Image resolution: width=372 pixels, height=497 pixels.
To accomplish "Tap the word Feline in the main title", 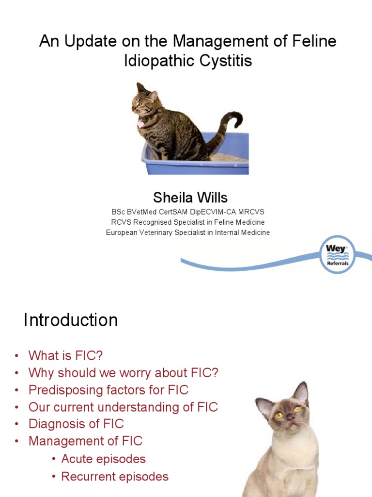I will pyautogui.click(x=312, y=41).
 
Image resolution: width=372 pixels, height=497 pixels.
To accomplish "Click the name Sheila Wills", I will pyautogui.click(x=190, y=198).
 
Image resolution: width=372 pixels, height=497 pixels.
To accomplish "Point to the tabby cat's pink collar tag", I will pyautogui.click(x=140, y=124).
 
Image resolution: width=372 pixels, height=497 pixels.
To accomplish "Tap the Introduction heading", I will pyautogui.click(x=71, y=320).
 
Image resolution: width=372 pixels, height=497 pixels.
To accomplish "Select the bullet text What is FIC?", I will pyautogui.click(x=65, y=355).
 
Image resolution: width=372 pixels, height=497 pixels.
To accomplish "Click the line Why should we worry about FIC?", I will pyautogui.click(x=124, y=373).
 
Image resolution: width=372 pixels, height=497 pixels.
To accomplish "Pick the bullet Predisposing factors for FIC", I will pyautogui.click(x=108, y=390).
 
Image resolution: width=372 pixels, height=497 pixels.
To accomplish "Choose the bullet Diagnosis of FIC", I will pyautogui.click(x=76, y=424).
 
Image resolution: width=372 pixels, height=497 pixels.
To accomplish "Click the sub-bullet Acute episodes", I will pyautogui.click(x=103, y=459).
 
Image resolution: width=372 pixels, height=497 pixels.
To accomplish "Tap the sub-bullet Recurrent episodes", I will pyautogui.click(x=115, y=476).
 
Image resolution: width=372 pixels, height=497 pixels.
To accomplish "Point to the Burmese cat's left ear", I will pyautogui.click(x=265, y=405).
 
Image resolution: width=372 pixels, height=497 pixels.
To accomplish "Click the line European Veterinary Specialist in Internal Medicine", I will pyautogui.click(x=188, y=232).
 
